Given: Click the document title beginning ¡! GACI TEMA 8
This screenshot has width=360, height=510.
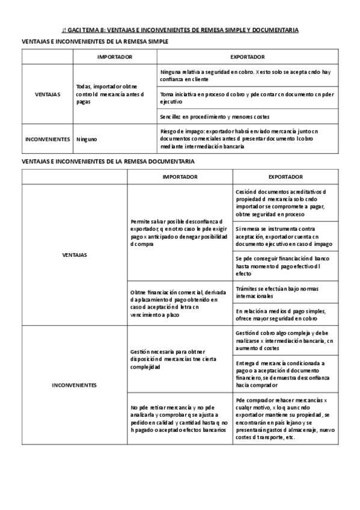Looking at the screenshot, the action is (180, 29).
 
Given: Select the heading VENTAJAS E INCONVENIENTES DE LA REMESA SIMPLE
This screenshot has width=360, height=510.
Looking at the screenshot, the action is (94, 41).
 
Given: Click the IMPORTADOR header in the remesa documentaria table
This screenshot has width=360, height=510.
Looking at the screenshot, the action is (180, 177).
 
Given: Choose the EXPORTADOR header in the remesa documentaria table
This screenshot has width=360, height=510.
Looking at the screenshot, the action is (285, 177).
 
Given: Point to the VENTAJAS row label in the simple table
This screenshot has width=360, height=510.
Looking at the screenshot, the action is (47, 94).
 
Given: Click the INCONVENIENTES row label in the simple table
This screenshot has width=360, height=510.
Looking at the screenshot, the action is (47, 139).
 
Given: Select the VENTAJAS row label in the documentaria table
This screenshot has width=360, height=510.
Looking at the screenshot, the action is (75, 255).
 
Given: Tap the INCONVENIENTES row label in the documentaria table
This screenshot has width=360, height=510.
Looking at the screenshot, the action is (75, 385).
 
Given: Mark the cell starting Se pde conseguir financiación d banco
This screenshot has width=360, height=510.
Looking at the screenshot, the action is (284, 265).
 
